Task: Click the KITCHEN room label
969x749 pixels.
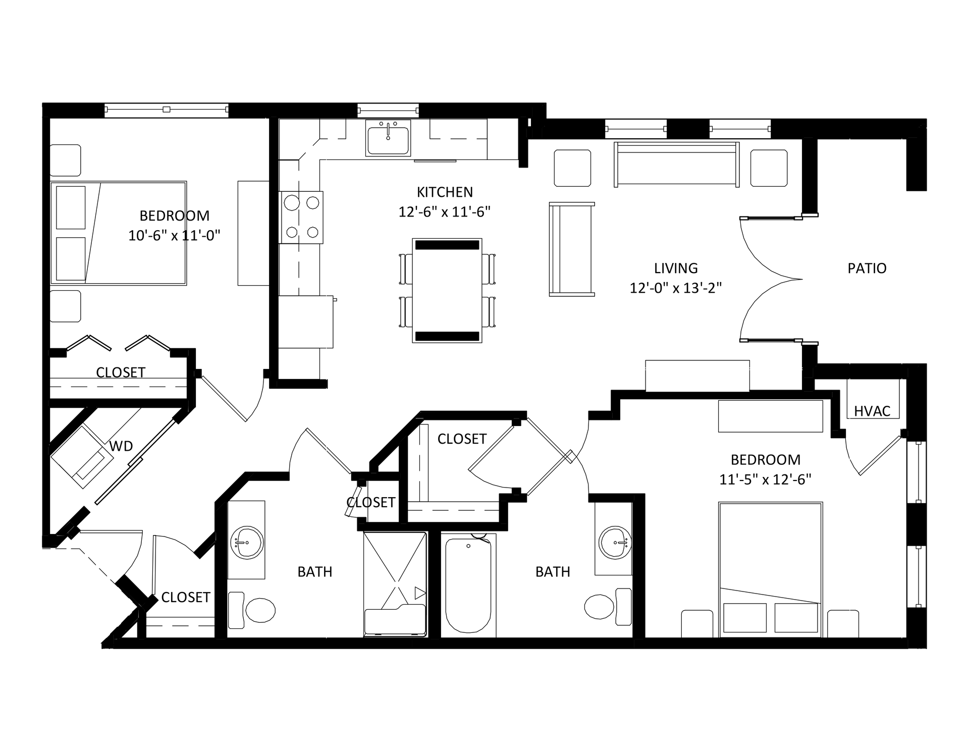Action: pyautogui.click(x=445, y=192)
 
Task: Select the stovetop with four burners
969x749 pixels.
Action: pyautogui.click(x=302, y=218)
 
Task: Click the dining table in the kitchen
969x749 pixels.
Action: pyautogui.click(x=447, y=291)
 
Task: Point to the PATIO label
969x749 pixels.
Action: pyautogui.click(x=867, y=268)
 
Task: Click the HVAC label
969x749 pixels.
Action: pyautogui.click(x=872, y=411)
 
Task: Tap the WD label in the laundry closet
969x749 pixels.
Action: pyautogui.click(x=121, y=446)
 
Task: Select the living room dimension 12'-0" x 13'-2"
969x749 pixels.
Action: pyautogui.click(x=676, y=288)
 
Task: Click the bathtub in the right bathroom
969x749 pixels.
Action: pyautogui.click(x=468, y=585)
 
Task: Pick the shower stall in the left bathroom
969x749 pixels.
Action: pyautogui.click(x=395, y=584)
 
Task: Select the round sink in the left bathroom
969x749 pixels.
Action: pyautogui.click(x=247, y=543)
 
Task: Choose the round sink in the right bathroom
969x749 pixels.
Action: pyautogui.click(x=615, y=543)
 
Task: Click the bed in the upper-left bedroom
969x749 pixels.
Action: pyautogui.click(x=119, y=233)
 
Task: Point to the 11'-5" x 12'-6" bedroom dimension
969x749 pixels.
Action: pyautogui.click(x=765, y=479)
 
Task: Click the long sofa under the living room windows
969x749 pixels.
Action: pyautogui.click(x=676, y=165)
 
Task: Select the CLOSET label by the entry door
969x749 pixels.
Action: pyautogui.click(x=186, y=597)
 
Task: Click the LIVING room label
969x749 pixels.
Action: pyautogui.click(x=676, y=268)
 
